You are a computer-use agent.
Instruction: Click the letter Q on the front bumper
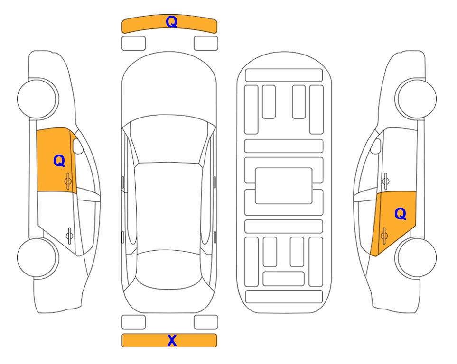pos(171,22)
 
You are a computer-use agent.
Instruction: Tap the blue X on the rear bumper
pos(172,340)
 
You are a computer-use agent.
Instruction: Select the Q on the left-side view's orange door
pos(59,161)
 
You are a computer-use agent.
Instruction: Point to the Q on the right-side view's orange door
pos(400,214)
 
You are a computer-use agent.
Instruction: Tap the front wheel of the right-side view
pos(416,99)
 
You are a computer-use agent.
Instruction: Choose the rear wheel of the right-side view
pos(416,257)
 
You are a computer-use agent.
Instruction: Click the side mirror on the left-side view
pos(78,146)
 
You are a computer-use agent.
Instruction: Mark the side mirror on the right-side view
pos(376,146)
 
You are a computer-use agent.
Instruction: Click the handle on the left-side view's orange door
pos(68,182)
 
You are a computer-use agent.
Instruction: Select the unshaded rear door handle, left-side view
pos(69,235)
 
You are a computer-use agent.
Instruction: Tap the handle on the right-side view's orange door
pos(384,236)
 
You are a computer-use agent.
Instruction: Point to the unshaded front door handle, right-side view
pos(386,182)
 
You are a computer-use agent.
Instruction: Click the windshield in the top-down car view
pos(169,139)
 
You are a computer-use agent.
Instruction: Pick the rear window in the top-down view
pos(169,269)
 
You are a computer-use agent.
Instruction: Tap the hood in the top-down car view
pos(169,87)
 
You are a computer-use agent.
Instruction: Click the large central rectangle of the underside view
pos(284,186)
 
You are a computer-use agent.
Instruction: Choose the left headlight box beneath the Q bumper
pos(133,44)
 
